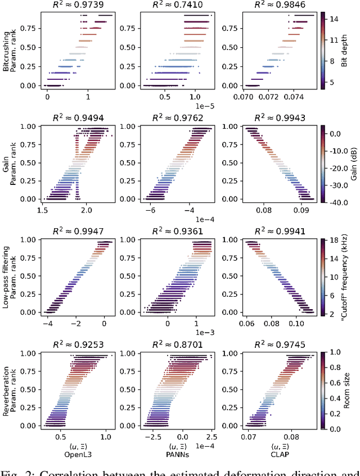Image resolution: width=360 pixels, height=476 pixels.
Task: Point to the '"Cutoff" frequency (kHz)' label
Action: click(345, 275)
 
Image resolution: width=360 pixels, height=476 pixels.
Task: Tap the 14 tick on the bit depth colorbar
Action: click(334, 19)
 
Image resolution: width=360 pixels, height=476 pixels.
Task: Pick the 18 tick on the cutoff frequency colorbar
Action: click(334, 240)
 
